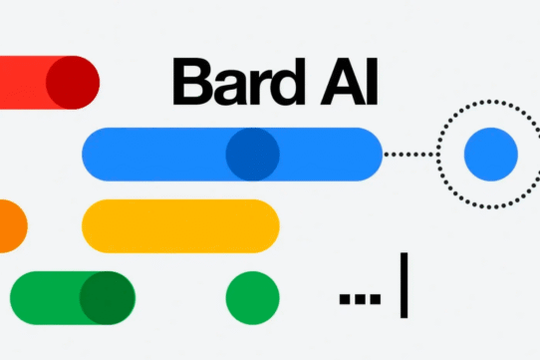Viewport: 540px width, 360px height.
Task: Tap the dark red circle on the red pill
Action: point(73,81)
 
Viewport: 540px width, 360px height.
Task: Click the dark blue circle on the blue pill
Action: point(252,154)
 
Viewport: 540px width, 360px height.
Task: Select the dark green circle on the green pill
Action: point(107,297)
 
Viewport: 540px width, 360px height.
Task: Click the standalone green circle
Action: point(253,297)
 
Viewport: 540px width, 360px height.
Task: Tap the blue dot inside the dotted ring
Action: point(491,154)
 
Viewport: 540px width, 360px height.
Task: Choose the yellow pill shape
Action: point(180,225)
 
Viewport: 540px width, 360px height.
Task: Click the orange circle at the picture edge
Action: point(8,224)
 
